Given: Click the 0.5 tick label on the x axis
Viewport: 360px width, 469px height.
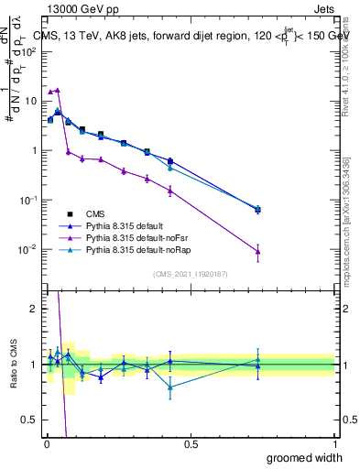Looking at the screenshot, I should (191, 443).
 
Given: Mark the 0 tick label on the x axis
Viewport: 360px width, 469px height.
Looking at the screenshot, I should (47, 443).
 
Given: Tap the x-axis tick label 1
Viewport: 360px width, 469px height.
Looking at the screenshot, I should (334, 443).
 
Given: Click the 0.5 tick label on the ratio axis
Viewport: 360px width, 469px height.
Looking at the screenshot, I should (31, 420).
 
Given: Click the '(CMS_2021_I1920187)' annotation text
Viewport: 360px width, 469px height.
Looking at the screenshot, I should (191, 273).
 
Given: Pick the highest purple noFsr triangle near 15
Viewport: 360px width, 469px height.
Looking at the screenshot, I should (58, 91).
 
